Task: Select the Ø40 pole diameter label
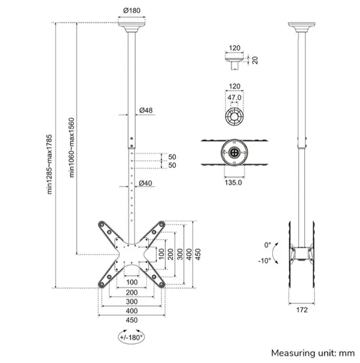146,183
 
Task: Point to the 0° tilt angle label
267,245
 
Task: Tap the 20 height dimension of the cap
256,60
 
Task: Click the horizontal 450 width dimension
132,320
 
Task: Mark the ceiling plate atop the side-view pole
302,26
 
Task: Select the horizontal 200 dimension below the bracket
132,292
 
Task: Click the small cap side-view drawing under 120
235,63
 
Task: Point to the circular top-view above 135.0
235,150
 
